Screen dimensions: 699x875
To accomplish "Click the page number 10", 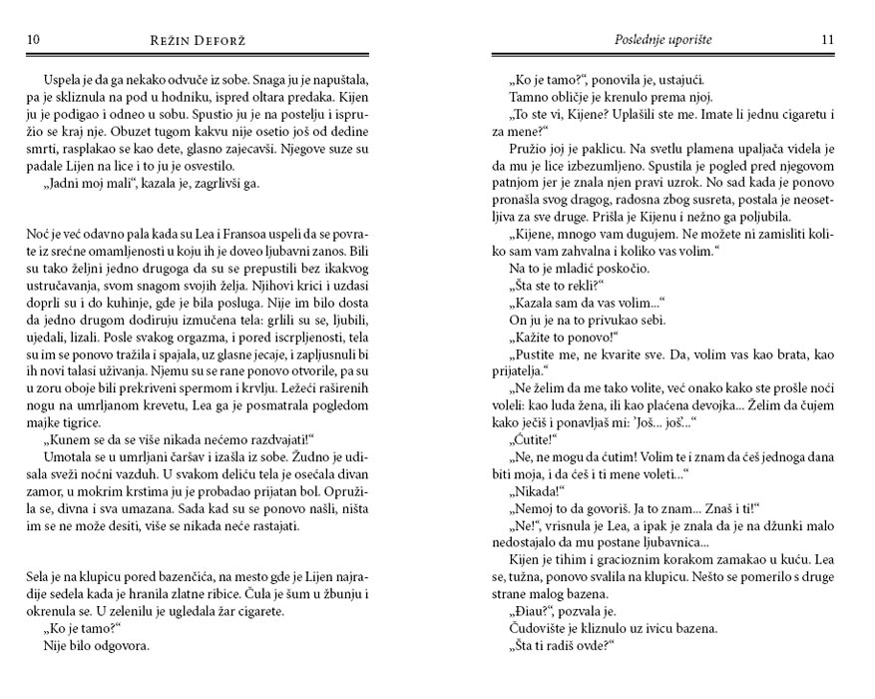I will click(32, 41).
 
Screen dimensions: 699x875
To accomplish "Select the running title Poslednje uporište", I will click(658, 41).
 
